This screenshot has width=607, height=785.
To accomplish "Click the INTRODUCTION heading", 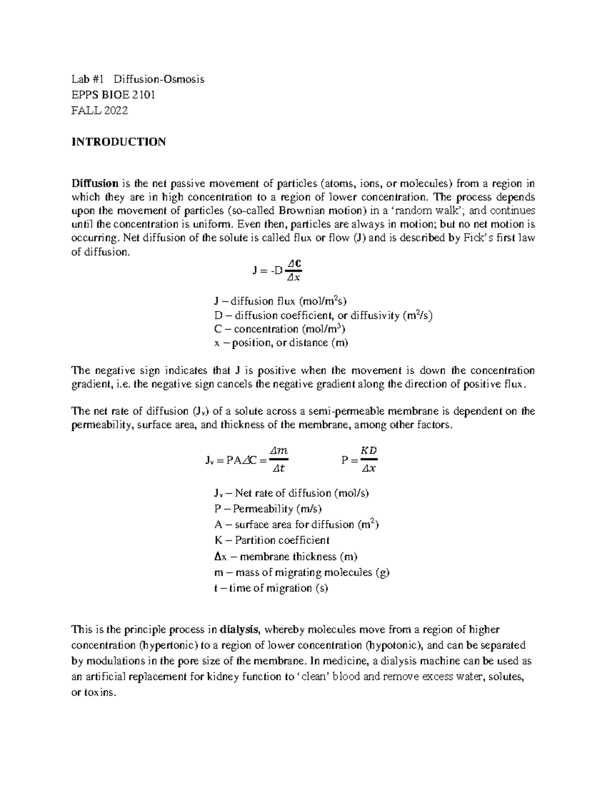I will click(x=118, y=142).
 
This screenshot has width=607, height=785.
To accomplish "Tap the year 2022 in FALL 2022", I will click(x=116, y=110).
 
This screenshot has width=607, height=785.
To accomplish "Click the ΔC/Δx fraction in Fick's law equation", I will click(x=293, y=269).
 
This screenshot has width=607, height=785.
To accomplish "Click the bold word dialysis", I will click(x=240, y=630).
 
